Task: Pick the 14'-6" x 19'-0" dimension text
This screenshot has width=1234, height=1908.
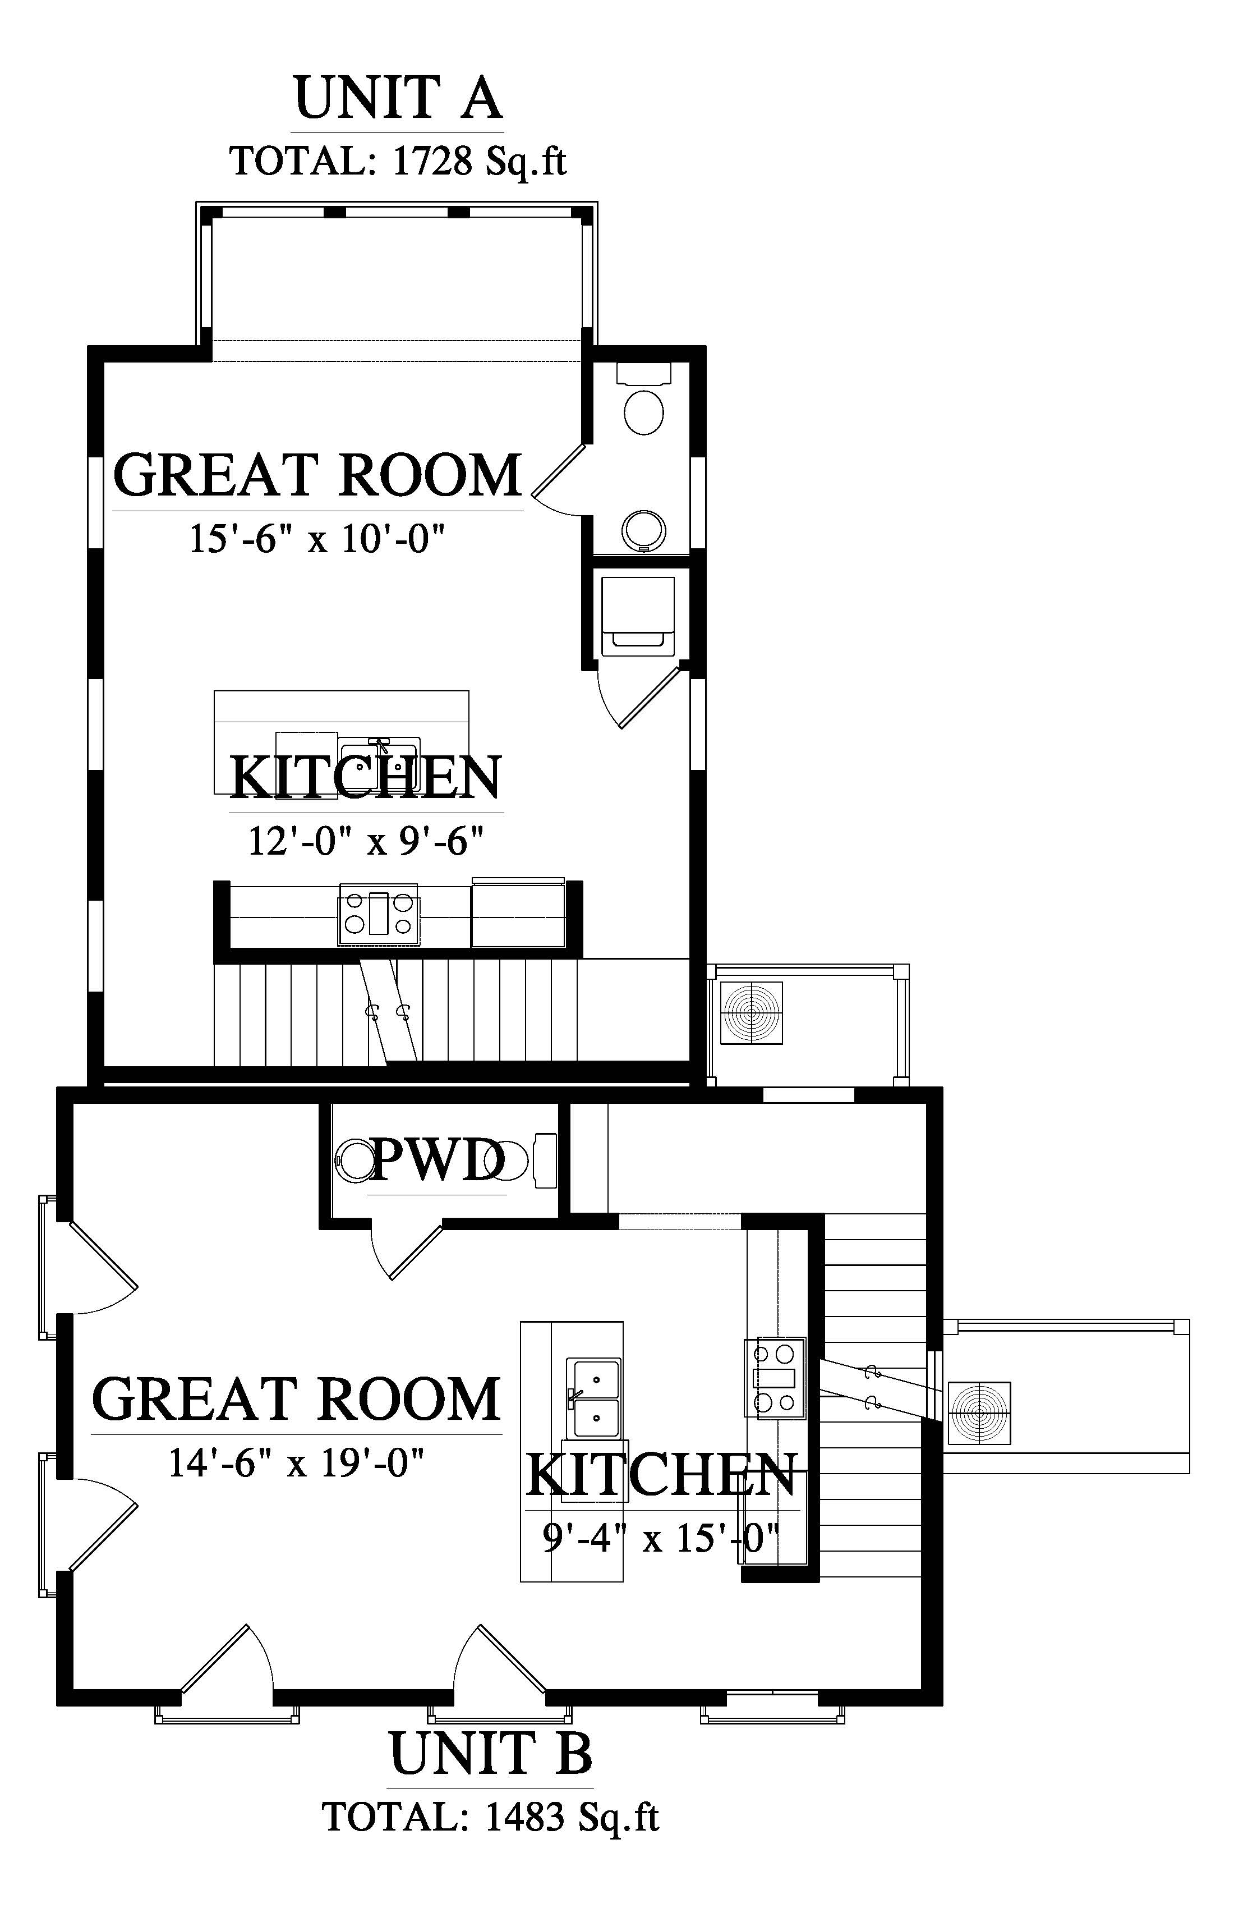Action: pyautogui.click(x=296, y=1463)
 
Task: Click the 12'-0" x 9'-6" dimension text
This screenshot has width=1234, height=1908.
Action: pyautogui.click(x=366, y=841)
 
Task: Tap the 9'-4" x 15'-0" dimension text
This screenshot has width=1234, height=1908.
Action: pyautogui.click(x=661, y=1537)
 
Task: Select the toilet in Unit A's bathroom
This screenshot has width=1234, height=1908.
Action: pyautogui.click(x=643, y=401)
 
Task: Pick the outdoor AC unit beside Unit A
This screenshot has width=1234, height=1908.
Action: pyautogui.click(x=752, y=1012)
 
